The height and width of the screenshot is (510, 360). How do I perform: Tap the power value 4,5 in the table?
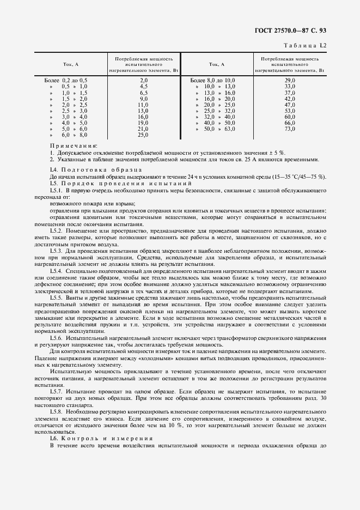pyautogui.click(x=144, y=86)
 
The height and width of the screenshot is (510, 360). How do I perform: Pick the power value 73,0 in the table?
pyautogui.click(x=290, y=129)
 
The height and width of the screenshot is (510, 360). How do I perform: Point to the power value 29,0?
pyautogui.click(x=290, y=80)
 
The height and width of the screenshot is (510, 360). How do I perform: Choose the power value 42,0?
pyautogui.click(x=290, y=99)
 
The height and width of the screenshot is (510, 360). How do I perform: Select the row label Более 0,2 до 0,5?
pyautogui.click(x=66, y=80)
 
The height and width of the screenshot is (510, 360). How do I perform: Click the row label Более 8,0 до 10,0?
pyautogui.click(x=212, y=80)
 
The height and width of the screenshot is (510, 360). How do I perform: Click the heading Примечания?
pyautogui.click(x=74, y=146)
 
